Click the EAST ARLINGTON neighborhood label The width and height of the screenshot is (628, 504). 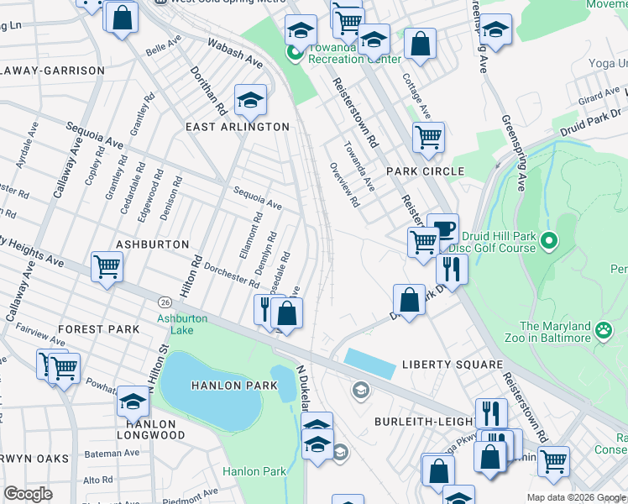coord(238,127)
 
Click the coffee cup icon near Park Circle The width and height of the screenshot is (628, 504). coord(442,229)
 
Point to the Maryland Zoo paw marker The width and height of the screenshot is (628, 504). coord(603,330)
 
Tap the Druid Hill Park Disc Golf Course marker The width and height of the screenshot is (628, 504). coord(549,242)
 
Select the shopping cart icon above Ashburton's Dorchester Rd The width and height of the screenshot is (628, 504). coord(107,268)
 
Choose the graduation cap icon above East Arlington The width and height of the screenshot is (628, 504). coord(249,101)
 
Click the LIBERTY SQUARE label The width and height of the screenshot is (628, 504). coord(453,365)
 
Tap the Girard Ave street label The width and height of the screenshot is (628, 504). coord(599,98)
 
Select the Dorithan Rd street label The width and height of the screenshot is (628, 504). coord(208,91)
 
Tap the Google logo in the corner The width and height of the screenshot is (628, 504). coord(29,494)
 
